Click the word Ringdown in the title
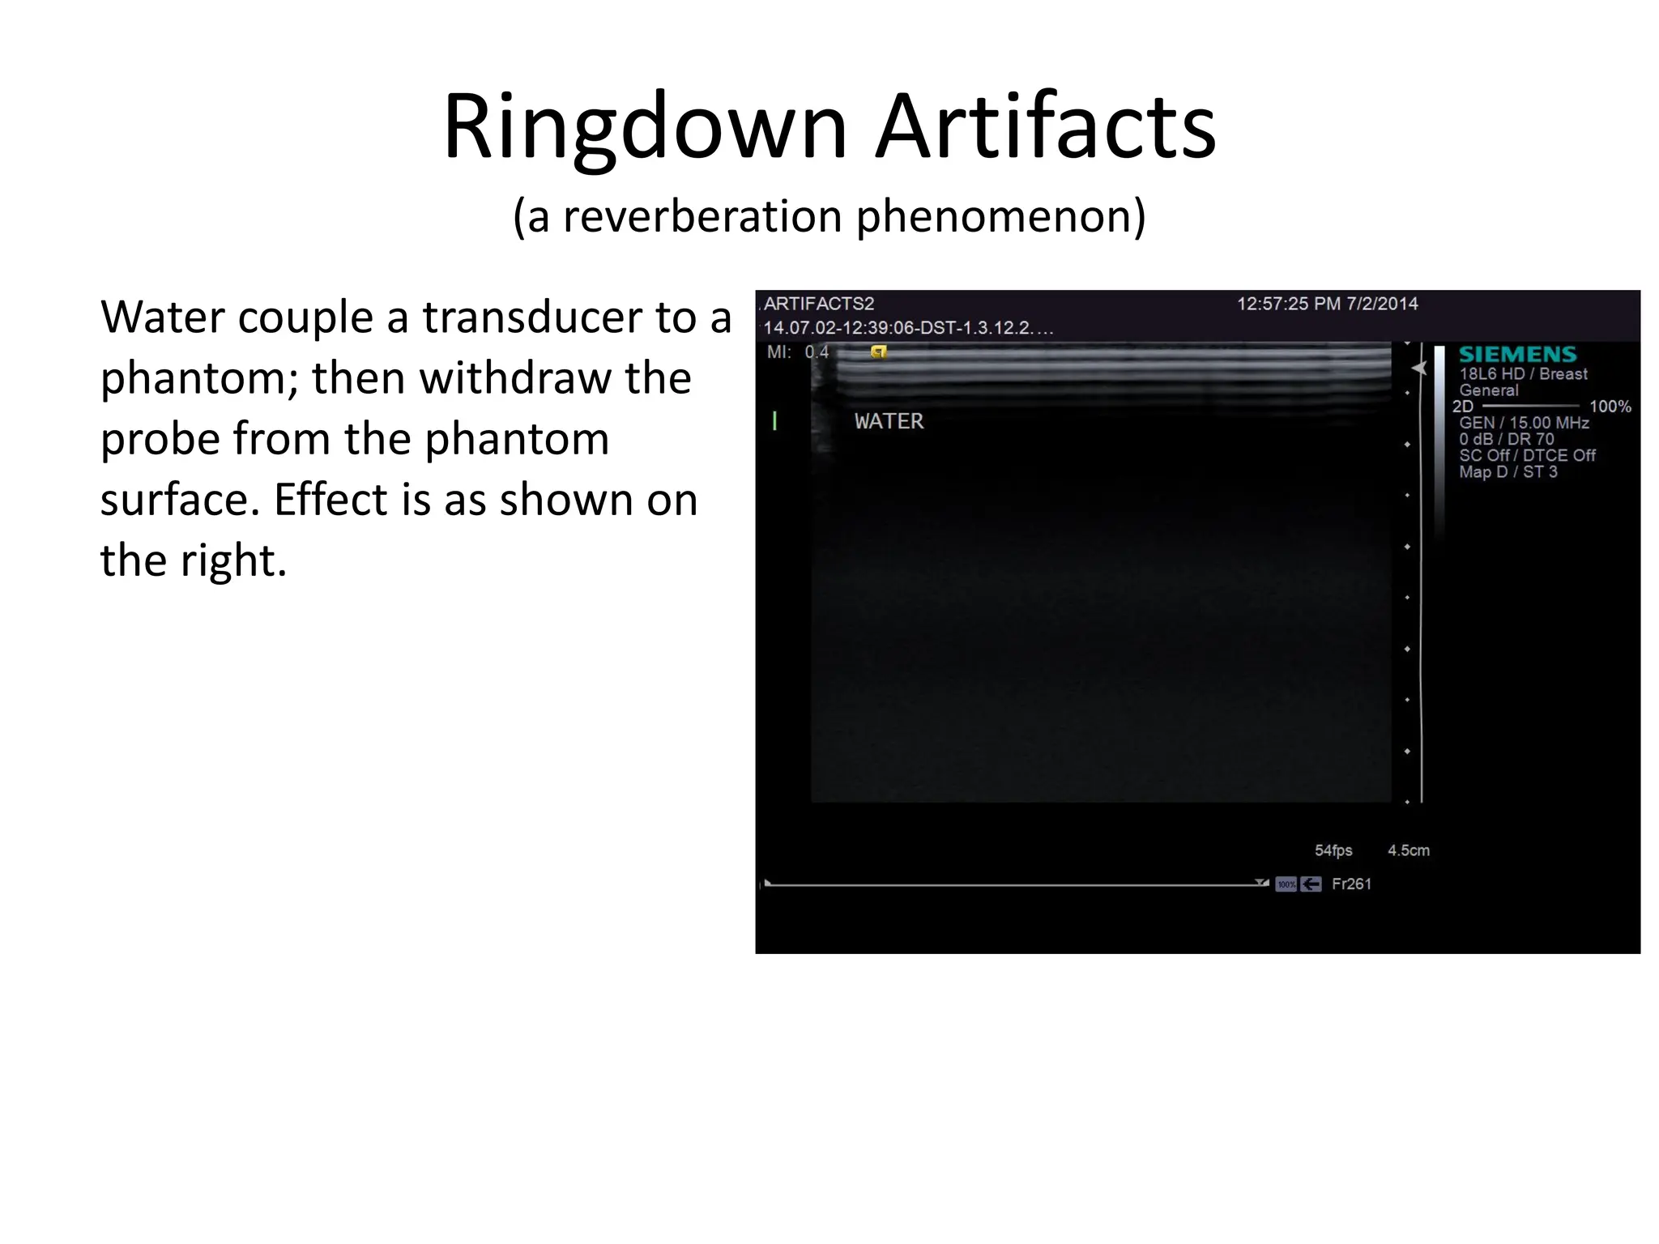tap(645, 128)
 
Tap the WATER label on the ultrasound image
tap(889, 421)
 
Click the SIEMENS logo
tap(1517, 355)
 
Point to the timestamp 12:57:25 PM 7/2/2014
tap(1327, 304)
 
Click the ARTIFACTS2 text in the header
tap(819, 304)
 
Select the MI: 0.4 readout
tap(798, 352)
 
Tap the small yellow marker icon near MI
tap(878, 351)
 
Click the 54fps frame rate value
tap(1333, 850)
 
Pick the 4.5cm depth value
tap(1408, 850)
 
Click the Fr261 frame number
tap(1351, 884)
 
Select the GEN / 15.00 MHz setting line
tap(1523, 423)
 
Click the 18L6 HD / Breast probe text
tap(1523, 374)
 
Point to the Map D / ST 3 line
tap(1508, 472)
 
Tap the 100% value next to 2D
tap(1610, 407)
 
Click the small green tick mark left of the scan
tap(775, 420)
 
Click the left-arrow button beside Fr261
tap(1311, 884)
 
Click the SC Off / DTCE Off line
tap(1527, 456)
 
